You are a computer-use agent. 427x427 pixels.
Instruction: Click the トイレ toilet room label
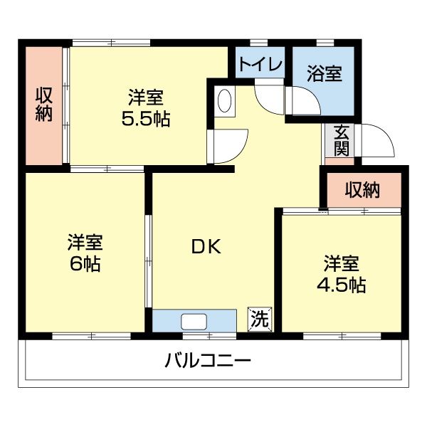click(x=260, y=64)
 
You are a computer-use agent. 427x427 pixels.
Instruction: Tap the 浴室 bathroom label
click(x=325, y=73)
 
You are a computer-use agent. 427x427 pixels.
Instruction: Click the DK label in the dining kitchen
click(x=206, y=247)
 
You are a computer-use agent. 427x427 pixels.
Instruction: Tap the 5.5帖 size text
click(x=145, y=119)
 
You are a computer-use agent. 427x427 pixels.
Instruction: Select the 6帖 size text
click(x=84, y=264)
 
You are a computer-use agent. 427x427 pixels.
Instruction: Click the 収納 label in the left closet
click(x=44, y=105)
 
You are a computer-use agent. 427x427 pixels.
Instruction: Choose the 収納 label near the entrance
click(x=362, y=190)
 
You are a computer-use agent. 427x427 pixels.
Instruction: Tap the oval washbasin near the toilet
click(x=224, y=101)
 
